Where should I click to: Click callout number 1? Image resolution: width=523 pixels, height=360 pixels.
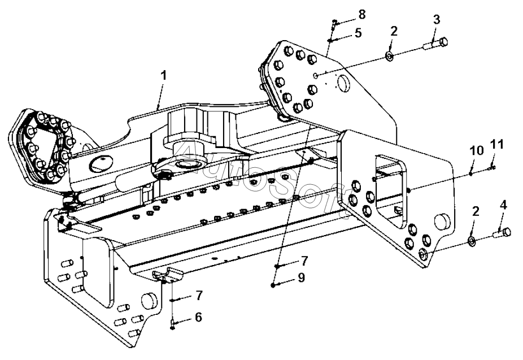point(163,75)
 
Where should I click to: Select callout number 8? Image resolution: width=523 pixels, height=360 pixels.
point(361,12)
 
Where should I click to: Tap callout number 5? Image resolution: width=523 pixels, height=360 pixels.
point(358,33)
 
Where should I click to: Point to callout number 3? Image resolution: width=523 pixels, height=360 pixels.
point(436,19)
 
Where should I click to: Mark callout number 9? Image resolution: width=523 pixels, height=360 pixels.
point(302,277)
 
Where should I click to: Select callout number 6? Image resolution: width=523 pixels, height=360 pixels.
point(198,317)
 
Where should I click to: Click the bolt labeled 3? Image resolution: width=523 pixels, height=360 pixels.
point(435,43)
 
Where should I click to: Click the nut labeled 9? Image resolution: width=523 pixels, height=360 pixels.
point(273,285)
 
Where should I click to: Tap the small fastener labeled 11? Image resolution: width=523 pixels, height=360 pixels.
point(493,166)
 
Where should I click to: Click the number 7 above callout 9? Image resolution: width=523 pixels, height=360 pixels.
point(304,261)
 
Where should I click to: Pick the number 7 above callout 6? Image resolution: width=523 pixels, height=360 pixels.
point(198,296)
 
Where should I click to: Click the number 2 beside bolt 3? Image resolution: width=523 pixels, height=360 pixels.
point(394,31)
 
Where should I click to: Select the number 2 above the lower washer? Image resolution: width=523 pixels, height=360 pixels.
point(476,211)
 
